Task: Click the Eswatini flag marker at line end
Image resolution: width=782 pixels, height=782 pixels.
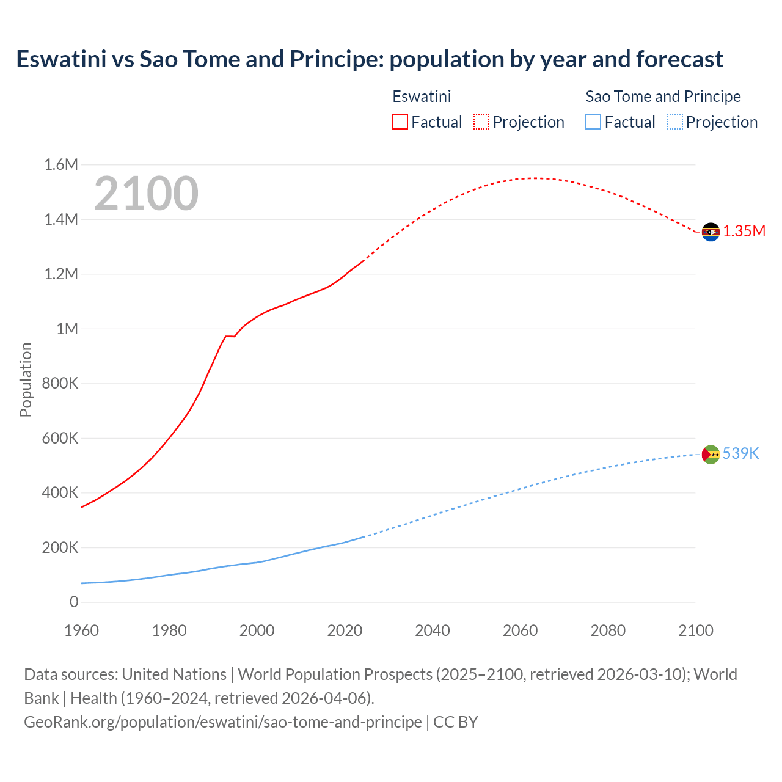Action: coord(711,232)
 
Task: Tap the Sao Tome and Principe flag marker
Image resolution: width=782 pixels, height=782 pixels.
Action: coord(711,454)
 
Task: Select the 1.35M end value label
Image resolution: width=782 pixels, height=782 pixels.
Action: coord(744,231)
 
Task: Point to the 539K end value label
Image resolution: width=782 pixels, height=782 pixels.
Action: coord(740,453)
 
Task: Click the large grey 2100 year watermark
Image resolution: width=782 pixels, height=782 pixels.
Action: coord(146,194)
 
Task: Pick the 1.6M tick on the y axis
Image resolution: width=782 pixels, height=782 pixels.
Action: coord(61,164)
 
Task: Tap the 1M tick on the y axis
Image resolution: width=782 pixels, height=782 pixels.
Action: coord(67,329)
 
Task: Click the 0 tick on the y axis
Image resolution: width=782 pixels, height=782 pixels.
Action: coord(74,602)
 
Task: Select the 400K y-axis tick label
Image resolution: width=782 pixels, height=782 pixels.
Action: coord(60,492)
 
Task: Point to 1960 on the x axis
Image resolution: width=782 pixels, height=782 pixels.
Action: coord(81,630)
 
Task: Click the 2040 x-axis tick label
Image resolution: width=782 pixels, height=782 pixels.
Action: coord(433,630)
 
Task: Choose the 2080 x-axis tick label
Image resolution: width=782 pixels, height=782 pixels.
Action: coord(608,630)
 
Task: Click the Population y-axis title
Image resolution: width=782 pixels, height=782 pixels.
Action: coord(26,379)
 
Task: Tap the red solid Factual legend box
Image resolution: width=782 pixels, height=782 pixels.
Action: coord(400,122)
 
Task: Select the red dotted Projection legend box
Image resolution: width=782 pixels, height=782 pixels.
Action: coord(481,122)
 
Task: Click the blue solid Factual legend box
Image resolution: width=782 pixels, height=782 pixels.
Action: coord(593,122)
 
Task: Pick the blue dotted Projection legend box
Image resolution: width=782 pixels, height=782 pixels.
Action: coord(675,122)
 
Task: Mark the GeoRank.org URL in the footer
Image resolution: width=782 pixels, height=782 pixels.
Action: coord(222,722)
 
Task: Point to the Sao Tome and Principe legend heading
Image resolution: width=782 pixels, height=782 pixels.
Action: coord(663,97)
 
